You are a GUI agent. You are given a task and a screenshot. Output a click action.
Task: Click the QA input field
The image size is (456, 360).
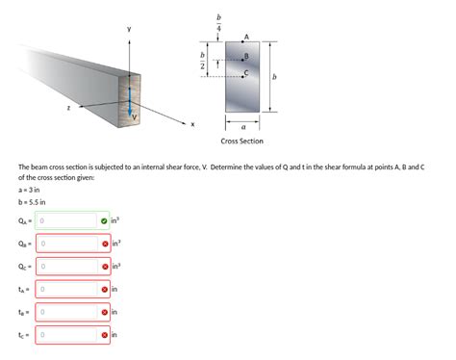pos(67,220)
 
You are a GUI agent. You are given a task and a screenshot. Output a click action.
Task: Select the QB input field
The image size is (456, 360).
pos(67,244)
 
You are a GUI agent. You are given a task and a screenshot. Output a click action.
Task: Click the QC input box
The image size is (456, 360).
pos(67,267)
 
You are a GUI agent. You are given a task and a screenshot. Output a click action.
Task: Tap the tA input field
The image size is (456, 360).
pos(67,290)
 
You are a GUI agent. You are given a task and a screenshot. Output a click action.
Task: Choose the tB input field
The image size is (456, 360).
pos(67,313)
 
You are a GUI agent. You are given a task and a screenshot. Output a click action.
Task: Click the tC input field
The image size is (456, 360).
pos(67,336)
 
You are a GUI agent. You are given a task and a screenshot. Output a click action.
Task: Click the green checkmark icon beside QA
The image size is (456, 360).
pos(103,220)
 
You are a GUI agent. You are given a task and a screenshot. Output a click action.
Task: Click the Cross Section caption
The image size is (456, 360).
pos(241,141)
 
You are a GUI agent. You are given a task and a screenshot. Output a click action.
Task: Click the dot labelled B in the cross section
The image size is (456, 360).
pos(244,59)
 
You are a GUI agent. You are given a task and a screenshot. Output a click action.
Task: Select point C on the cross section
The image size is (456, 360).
pos(244,74)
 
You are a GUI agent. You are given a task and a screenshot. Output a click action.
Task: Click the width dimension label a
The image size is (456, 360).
pos(243,125)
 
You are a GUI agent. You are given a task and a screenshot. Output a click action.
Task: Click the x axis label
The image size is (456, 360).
pos(191,123)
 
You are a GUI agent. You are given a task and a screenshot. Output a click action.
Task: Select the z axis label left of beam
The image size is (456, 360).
pos(68,109)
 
